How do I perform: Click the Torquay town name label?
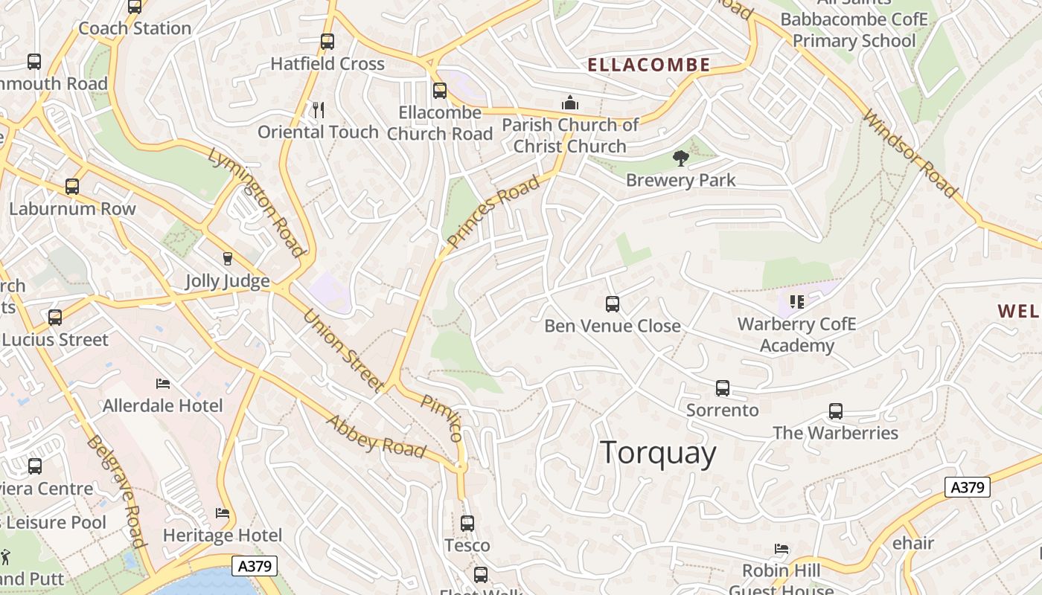pos(658,453)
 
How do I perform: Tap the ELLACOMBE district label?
pos(649,65)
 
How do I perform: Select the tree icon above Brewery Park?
pos(680,158)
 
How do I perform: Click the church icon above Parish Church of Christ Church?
pos(570,103)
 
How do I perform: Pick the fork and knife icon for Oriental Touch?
pos(319,110)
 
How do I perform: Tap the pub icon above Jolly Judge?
pos(227,259)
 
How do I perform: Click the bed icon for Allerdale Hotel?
pos(163,384)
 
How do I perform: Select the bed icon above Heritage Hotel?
pos(223,513)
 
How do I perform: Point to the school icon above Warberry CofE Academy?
pos(797,302)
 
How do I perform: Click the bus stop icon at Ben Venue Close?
pos(613,304)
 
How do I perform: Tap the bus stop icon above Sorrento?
pos(723,388)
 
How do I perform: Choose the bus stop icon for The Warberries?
pos(836,411)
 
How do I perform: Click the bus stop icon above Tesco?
pos(467,524)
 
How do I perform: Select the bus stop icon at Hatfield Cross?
pos(327,42)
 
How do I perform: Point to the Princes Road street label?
pos(493,212)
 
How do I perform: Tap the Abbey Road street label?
pos(376,437)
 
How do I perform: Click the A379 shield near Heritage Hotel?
pos(255,566)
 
